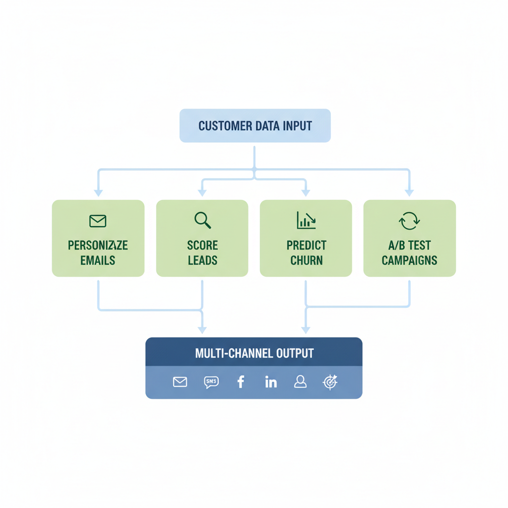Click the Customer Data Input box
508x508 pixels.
coord(254,126)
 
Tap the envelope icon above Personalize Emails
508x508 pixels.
coord(98,221)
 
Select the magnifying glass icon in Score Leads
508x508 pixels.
coord(202,220)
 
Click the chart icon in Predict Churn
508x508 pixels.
coord(306,220)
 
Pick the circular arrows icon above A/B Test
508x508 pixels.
coord(409,221)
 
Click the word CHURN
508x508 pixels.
coord(306,260)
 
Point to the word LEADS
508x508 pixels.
coord(202,260)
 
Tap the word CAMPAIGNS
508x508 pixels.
coord(409,260)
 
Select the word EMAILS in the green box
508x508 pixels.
coord(98,260)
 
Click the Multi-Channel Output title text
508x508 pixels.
coord(254,353)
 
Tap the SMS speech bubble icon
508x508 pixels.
coord(211,381)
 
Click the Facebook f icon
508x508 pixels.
coord(241,381)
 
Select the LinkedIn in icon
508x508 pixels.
coord(271,381)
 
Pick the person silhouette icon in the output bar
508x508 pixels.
coord(300,381)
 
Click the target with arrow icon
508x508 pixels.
coord(330,381)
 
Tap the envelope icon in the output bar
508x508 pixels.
coord(180,381)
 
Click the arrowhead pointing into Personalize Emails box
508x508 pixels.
coord(98,193)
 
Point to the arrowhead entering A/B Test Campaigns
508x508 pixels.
coord(409,193)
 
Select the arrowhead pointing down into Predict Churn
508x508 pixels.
coord(306,193)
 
